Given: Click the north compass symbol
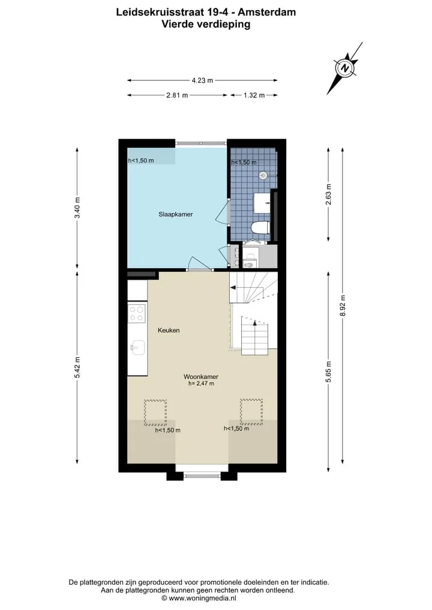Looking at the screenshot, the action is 345,68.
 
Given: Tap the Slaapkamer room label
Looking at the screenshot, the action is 176,214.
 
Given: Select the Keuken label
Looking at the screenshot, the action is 169,330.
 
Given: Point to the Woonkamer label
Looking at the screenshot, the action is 201,377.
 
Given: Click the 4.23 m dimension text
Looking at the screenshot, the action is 202,80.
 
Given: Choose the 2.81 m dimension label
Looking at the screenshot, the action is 177,95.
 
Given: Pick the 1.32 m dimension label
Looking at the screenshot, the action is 254,95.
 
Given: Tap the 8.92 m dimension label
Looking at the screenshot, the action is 343,305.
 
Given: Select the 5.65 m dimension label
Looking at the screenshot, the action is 328,372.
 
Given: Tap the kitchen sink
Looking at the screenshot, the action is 138,347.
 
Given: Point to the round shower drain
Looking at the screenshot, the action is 263,176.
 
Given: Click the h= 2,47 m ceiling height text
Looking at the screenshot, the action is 201,384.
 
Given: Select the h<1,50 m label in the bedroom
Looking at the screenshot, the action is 141,160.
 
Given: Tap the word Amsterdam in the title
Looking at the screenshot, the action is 266,12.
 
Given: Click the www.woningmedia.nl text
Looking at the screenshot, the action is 202,598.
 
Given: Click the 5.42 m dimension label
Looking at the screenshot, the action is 77,367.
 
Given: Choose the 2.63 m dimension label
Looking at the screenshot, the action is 328,193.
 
